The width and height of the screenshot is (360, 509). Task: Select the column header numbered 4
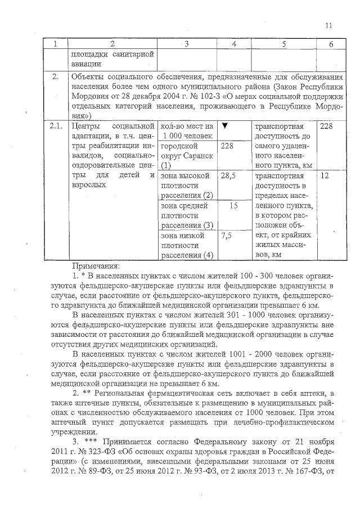coord(233,44)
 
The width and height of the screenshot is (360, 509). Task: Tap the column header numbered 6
coord(331,44)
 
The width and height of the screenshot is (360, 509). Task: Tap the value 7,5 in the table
coord(227,236)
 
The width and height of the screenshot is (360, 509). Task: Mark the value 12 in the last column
coord(324,176)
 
